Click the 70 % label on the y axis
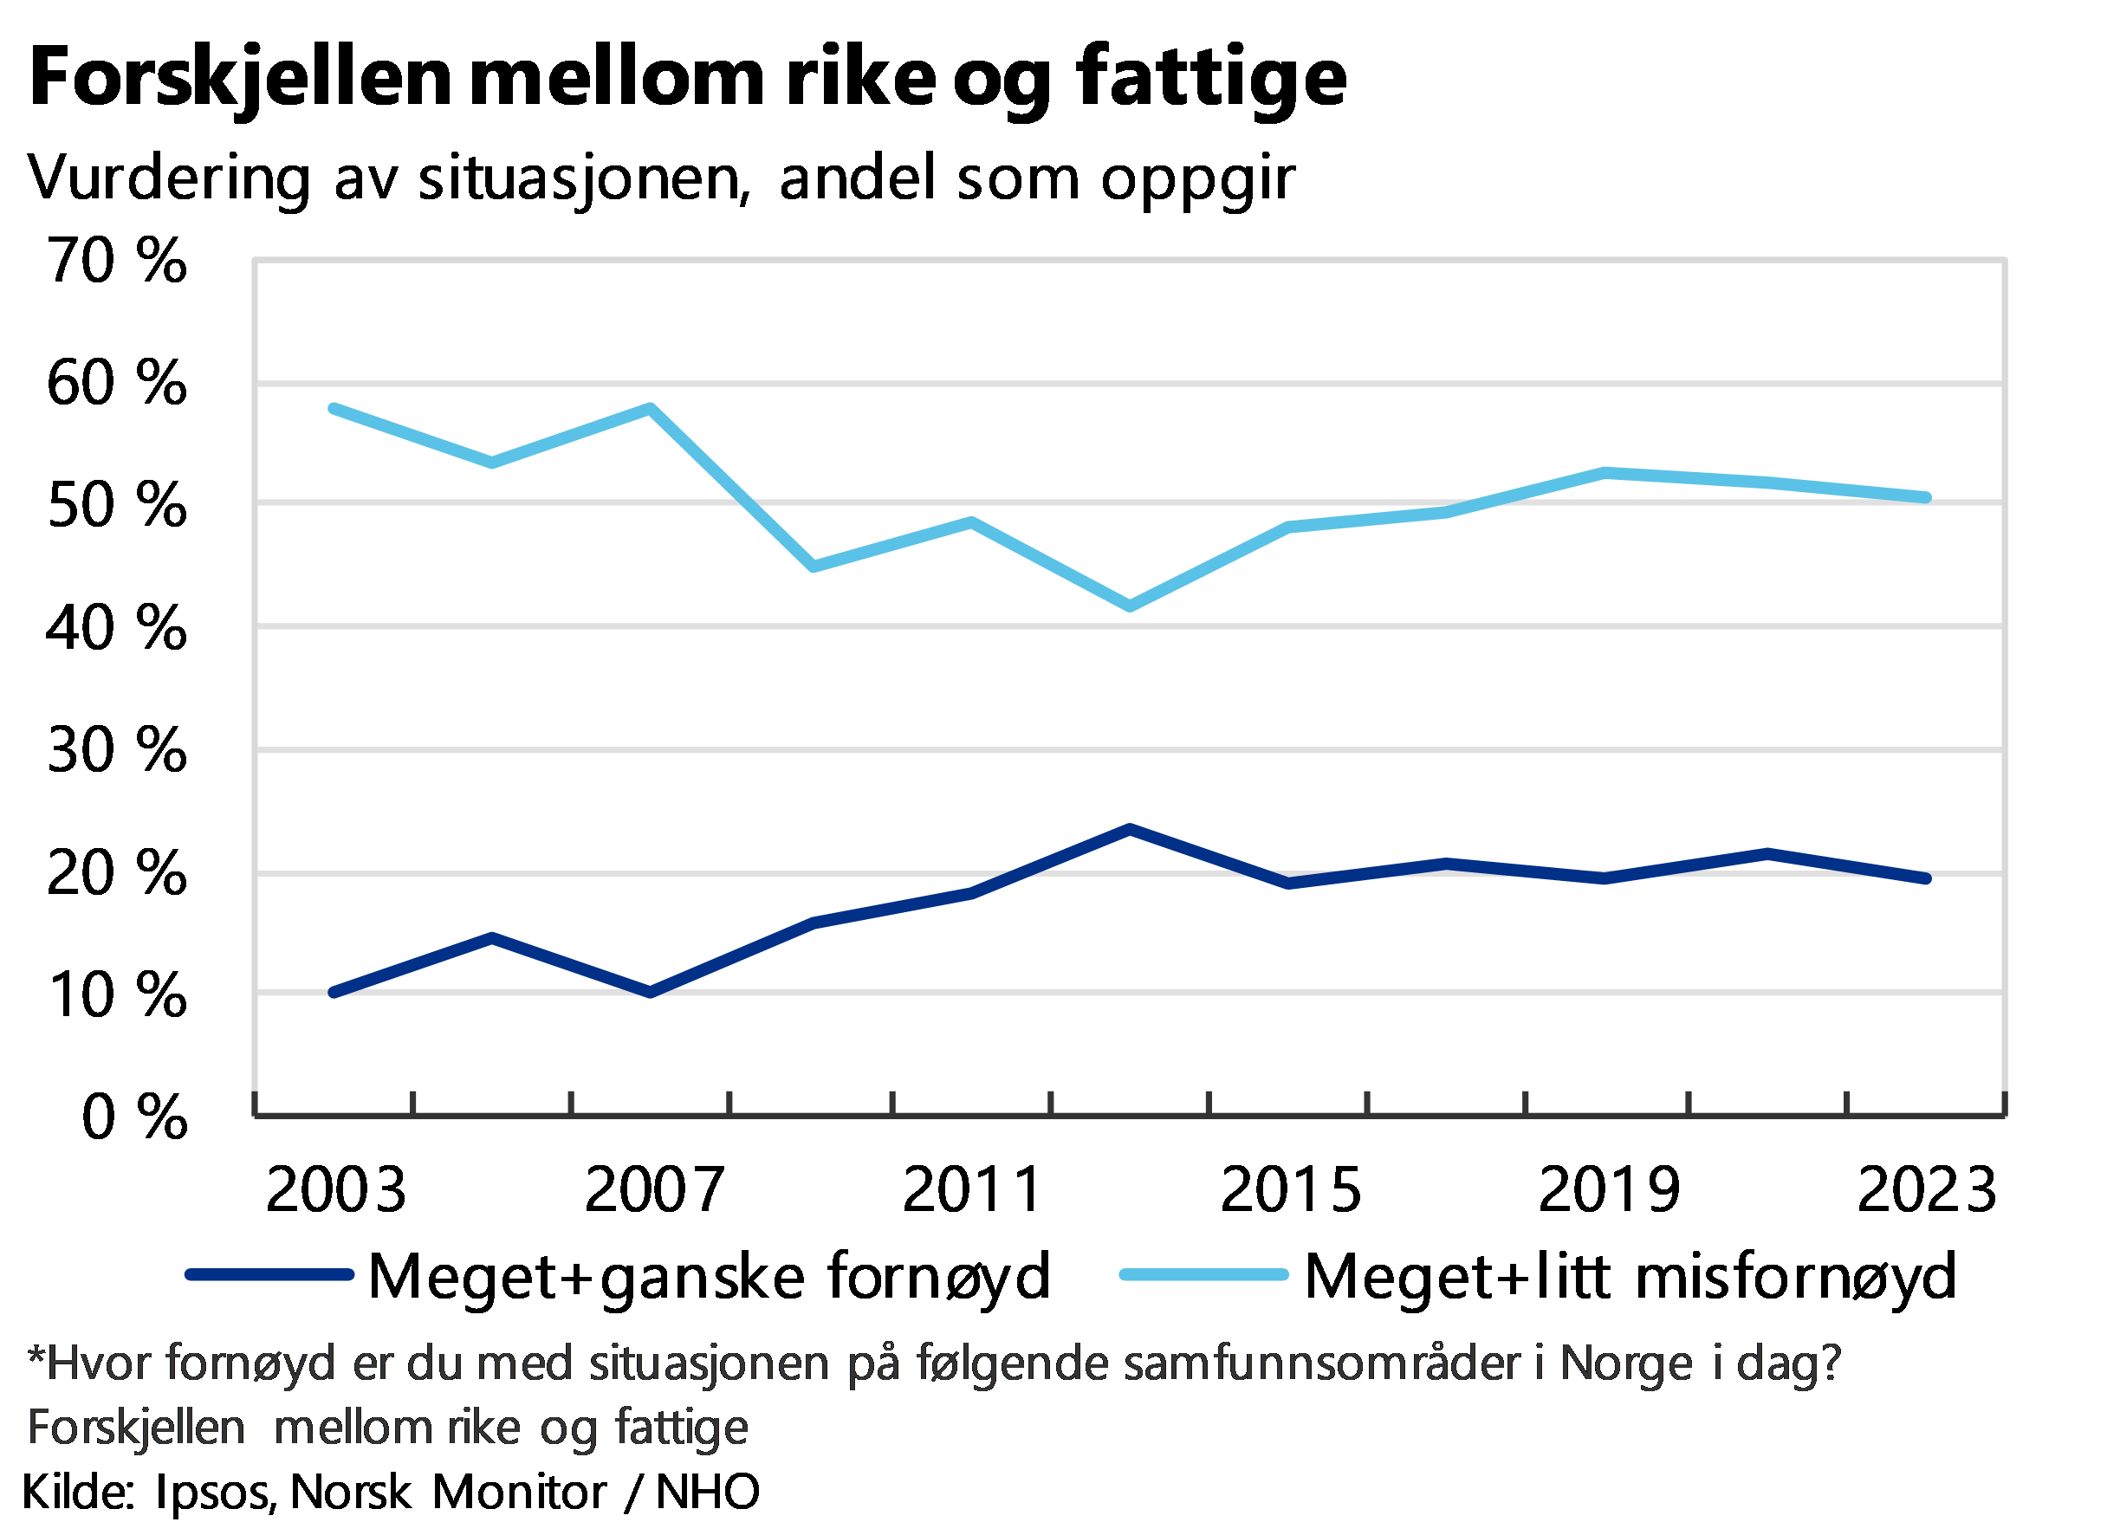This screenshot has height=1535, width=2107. click(117, 260)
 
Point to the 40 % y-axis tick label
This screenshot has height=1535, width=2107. click(117, 627)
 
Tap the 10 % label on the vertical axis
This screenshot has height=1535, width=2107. click(117, 995)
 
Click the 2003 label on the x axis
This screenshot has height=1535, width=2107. click(335, 1188)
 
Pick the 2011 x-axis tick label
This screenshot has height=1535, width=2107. click(971, 1188)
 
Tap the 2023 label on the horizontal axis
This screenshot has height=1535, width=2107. click(1926, 1188)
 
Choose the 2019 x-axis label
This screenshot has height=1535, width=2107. click(1609, 1188)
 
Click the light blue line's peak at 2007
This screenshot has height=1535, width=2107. click(651, 408)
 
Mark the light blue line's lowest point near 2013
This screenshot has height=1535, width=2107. click(1129, 606)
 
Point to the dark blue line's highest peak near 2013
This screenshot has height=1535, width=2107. click(1129, 829)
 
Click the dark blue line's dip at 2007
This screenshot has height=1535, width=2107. click(651, 993)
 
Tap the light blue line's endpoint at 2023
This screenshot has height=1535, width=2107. click(1926, 498)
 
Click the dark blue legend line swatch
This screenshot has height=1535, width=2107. click(269, 1276)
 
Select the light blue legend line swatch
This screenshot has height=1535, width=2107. click(1203, 1276)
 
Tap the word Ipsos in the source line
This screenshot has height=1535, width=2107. click(216, 1493)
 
